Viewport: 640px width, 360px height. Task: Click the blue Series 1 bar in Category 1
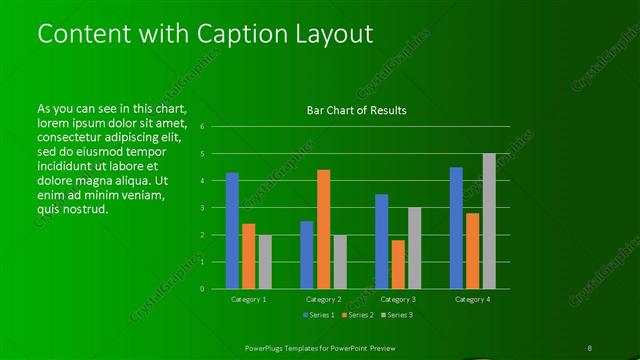coord(232,230)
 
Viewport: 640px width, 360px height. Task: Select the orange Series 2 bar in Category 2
coord(323,229)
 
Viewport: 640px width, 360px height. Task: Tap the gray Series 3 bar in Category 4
coord(489,221)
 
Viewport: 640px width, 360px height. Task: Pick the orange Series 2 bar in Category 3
coord(398,264)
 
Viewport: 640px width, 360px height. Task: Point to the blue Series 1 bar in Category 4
coord(456,227)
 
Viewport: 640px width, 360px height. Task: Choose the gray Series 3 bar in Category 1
coord(265,261)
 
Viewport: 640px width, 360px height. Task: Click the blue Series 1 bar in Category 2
coord(306,254)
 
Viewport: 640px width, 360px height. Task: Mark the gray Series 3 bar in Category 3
coord(414,248)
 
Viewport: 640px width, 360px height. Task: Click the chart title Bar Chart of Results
coord(356,110)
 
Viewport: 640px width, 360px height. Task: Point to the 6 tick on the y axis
coord(202,127)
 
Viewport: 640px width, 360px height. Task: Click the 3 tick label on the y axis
coord(202,208)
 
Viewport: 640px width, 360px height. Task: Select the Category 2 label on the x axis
coord(323,299)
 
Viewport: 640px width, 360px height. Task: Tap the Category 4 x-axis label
coord(472,299)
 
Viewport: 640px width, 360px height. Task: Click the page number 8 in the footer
coord(590,347)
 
